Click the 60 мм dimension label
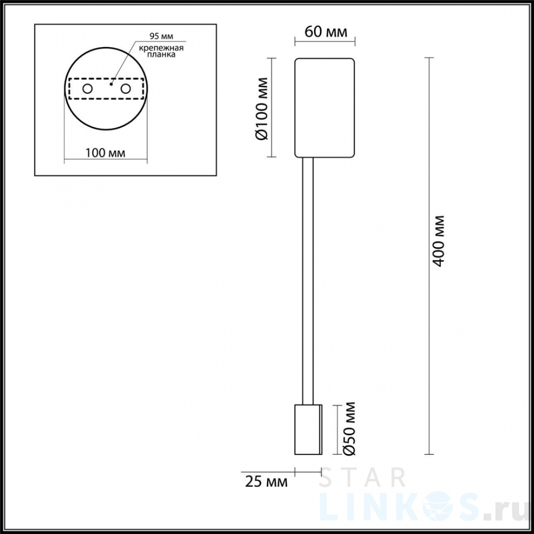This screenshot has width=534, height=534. (x=326, y=32)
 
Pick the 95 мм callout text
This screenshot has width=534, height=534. (x=161, y=36)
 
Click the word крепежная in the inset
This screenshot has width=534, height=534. (x=161, y=48)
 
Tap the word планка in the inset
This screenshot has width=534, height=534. (x=161, y=55)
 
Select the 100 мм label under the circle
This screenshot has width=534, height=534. (x=105, y=153)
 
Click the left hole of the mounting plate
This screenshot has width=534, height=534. (x=87, y=89)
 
